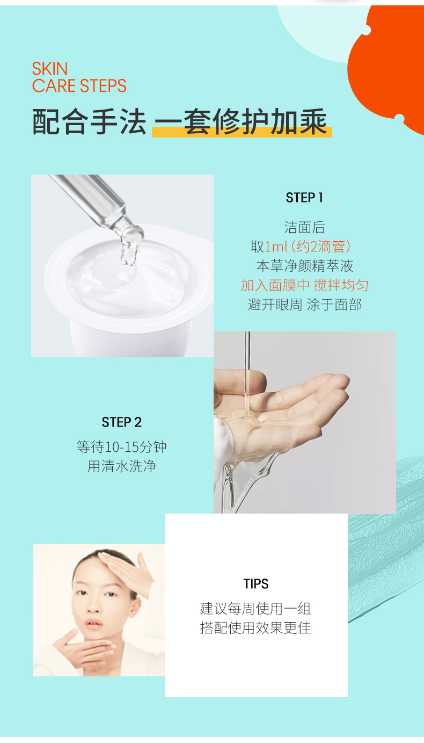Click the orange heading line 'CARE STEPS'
(79, 85)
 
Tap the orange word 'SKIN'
(50, 69)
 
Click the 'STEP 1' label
(304, 198)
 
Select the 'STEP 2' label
(122, 422)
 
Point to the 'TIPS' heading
(255, 584)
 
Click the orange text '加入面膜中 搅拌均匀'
(304, 285)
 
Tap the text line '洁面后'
(304, 227)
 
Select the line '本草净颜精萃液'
(304, 266)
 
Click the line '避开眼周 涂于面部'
(304, 305)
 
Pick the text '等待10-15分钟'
(122, 447)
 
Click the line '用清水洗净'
(122, 466)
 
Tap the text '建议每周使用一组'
(255, 608)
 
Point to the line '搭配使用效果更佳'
(255, 627)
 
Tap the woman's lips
(94, 624)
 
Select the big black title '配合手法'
(89, 122)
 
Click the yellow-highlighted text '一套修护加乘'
(241, 122)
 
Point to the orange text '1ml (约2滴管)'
(308, 247)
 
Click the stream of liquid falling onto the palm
(247, 375)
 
